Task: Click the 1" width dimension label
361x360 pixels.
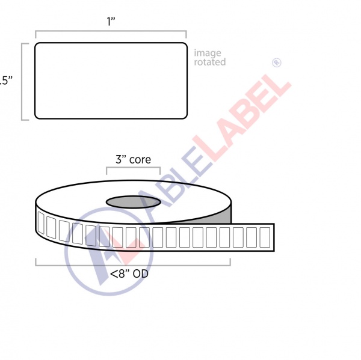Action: tap(111, 22)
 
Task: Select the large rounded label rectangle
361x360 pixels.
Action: tap(111, 81)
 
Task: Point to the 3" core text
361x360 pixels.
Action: tap(133, 160)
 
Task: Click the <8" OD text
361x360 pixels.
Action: tap(129, 275)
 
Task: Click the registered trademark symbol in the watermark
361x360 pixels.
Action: tap(277, 62)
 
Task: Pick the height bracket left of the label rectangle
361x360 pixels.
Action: tap(23, 81)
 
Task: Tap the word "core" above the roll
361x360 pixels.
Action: tap(140, 160)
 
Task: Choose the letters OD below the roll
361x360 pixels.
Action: tap(141, 275)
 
